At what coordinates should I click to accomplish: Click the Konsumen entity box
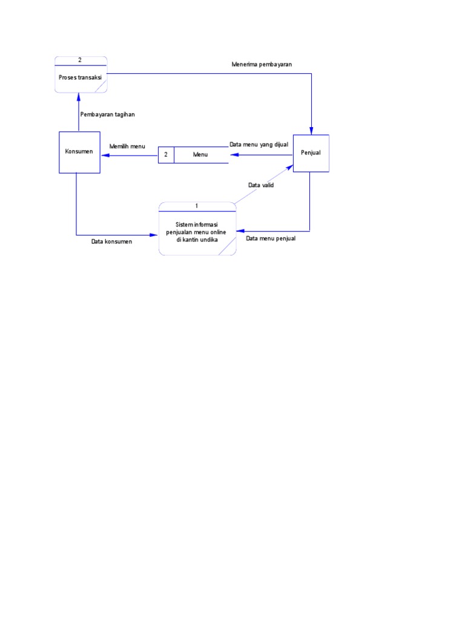click(x=79, y=152)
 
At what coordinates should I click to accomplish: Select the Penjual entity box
click(x=311, y=153)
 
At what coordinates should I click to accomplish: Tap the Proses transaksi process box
click(x=81, y=77)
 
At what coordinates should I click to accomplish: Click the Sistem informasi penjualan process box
click(x=197, y=232)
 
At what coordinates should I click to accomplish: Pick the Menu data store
click(x=200, y=155)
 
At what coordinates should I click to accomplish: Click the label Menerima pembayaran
click(x=262, y=64)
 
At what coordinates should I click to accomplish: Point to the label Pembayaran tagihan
click(x=107, y=114)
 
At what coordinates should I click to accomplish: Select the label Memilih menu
click(x=127, y=147)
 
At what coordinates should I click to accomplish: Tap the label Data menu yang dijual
click(x=259, y=144)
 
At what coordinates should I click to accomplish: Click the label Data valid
click(x=261, y=185)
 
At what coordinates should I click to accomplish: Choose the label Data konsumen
click(x=111, y=242)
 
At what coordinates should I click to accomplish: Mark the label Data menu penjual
click(x=271, y=239)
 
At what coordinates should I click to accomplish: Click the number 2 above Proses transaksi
click(x=80, y=59)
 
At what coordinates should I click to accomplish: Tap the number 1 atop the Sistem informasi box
click(x=197, y=206)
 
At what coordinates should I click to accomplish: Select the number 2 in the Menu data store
click(x=166, y=155)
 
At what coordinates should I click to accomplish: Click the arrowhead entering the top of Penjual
click(x=311, y=130)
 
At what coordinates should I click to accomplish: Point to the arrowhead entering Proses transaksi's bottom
click(x=78, y=96)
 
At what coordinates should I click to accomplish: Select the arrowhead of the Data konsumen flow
click(x=154, y=235)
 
